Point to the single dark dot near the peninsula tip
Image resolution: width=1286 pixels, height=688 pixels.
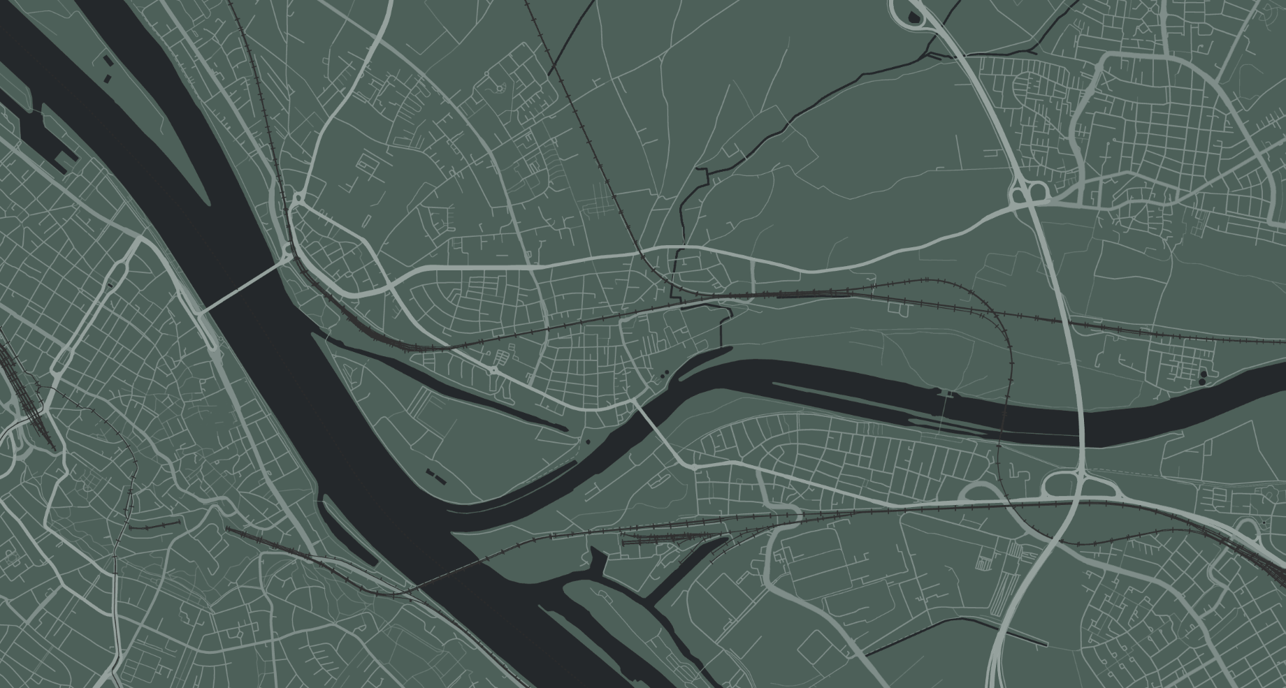click(588, 441)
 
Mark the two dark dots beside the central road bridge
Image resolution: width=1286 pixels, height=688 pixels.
click(662, 376)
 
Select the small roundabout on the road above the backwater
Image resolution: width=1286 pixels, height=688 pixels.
click(493, 369)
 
